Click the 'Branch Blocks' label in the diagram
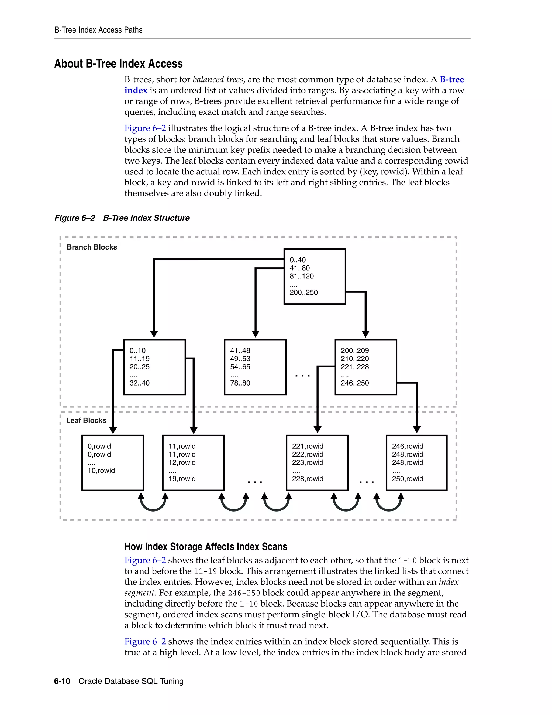[92, 247]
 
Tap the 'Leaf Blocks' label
[86, 420]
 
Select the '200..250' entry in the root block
[303, 292]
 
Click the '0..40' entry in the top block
[298, 260]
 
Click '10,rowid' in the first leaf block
[101, 471]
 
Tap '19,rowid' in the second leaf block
[182, 479]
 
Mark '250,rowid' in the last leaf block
[408, 479]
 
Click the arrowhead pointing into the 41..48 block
[256, 334]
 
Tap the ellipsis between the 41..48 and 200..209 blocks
[302, 376]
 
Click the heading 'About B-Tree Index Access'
[118, 64]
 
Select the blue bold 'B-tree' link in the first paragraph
[452, 80]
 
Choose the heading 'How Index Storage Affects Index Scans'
[206, 547]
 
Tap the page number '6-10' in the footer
[62, 681]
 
